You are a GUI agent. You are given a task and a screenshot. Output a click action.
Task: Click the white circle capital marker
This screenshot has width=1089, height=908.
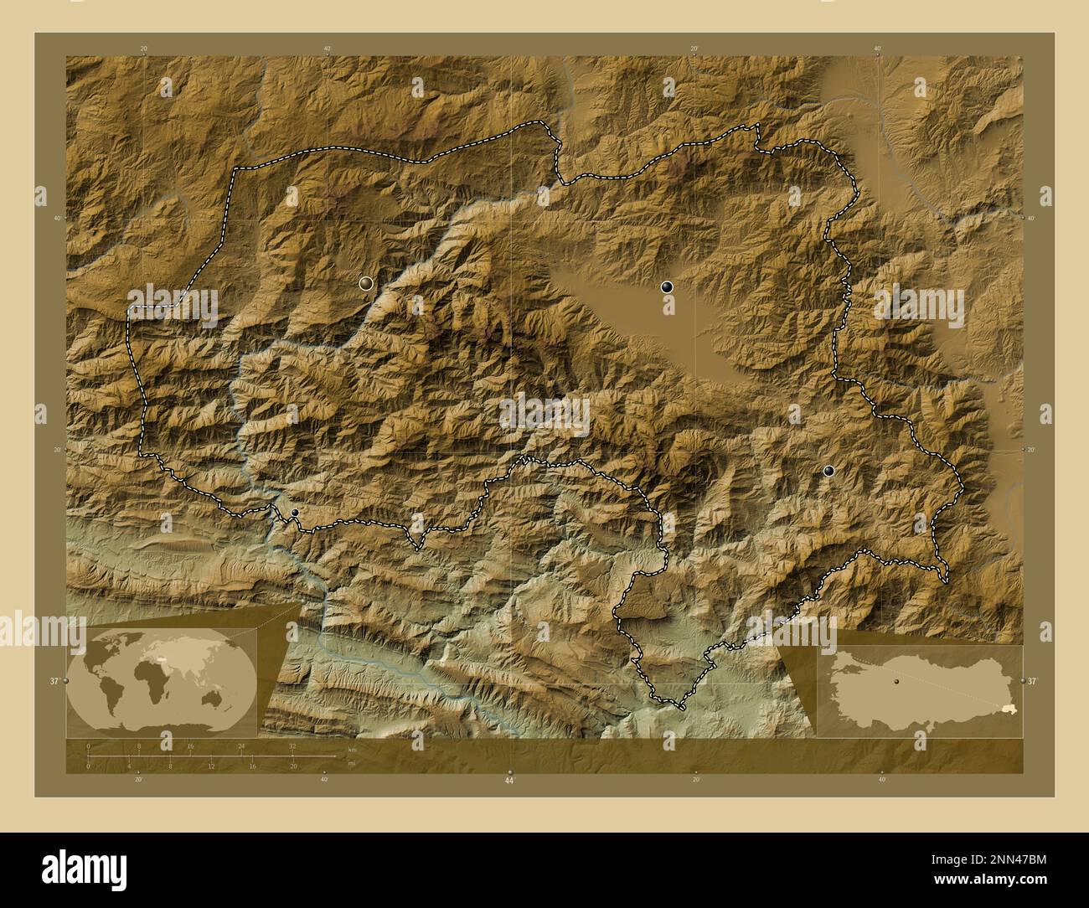click(365, 283)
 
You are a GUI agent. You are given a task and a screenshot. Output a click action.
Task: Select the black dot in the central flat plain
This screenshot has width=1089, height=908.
click(667, 286)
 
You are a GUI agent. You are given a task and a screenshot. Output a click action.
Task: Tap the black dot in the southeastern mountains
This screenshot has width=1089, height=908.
click(828, 471)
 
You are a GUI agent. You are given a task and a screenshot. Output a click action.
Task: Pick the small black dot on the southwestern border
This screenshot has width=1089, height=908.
click(294, 513)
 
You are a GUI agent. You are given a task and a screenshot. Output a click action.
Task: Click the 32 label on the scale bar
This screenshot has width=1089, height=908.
click(292, 745)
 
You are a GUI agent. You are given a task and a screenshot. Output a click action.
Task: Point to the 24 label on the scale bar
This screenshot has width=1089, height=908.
click(241, 745)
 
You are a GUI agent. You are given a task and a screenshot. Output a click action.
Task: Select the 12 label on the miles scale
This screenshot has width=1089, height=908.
click(211, 766)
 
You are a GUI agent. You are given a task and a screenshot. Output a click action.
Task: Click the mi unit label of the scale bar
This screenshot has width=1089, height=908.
click(339, 763)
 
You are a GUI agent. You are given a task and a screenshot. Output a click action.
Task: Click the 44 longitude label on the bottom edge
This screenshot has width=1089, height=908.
click(509, 780)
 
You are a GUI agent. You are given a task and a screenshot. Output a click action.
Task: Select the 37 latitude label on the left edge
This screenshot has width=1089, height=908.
click(54, 681)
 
